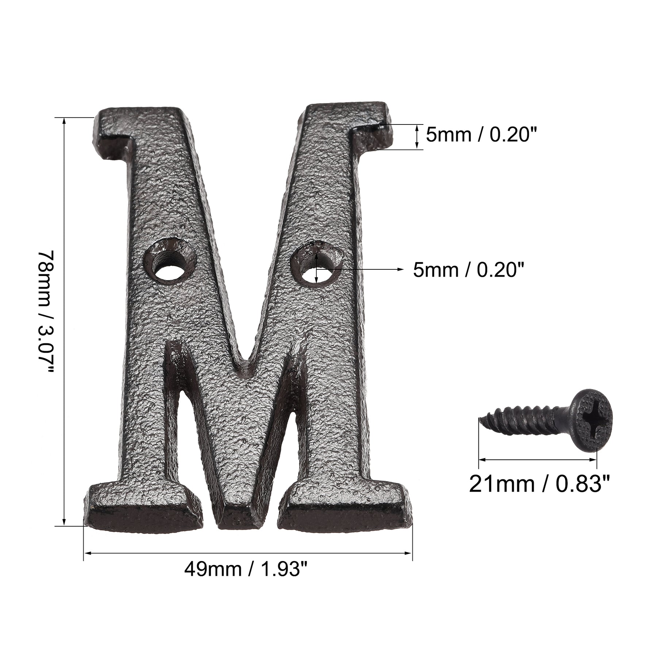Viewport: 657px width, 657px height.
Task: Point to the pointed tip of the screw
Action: pos(479,420)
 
